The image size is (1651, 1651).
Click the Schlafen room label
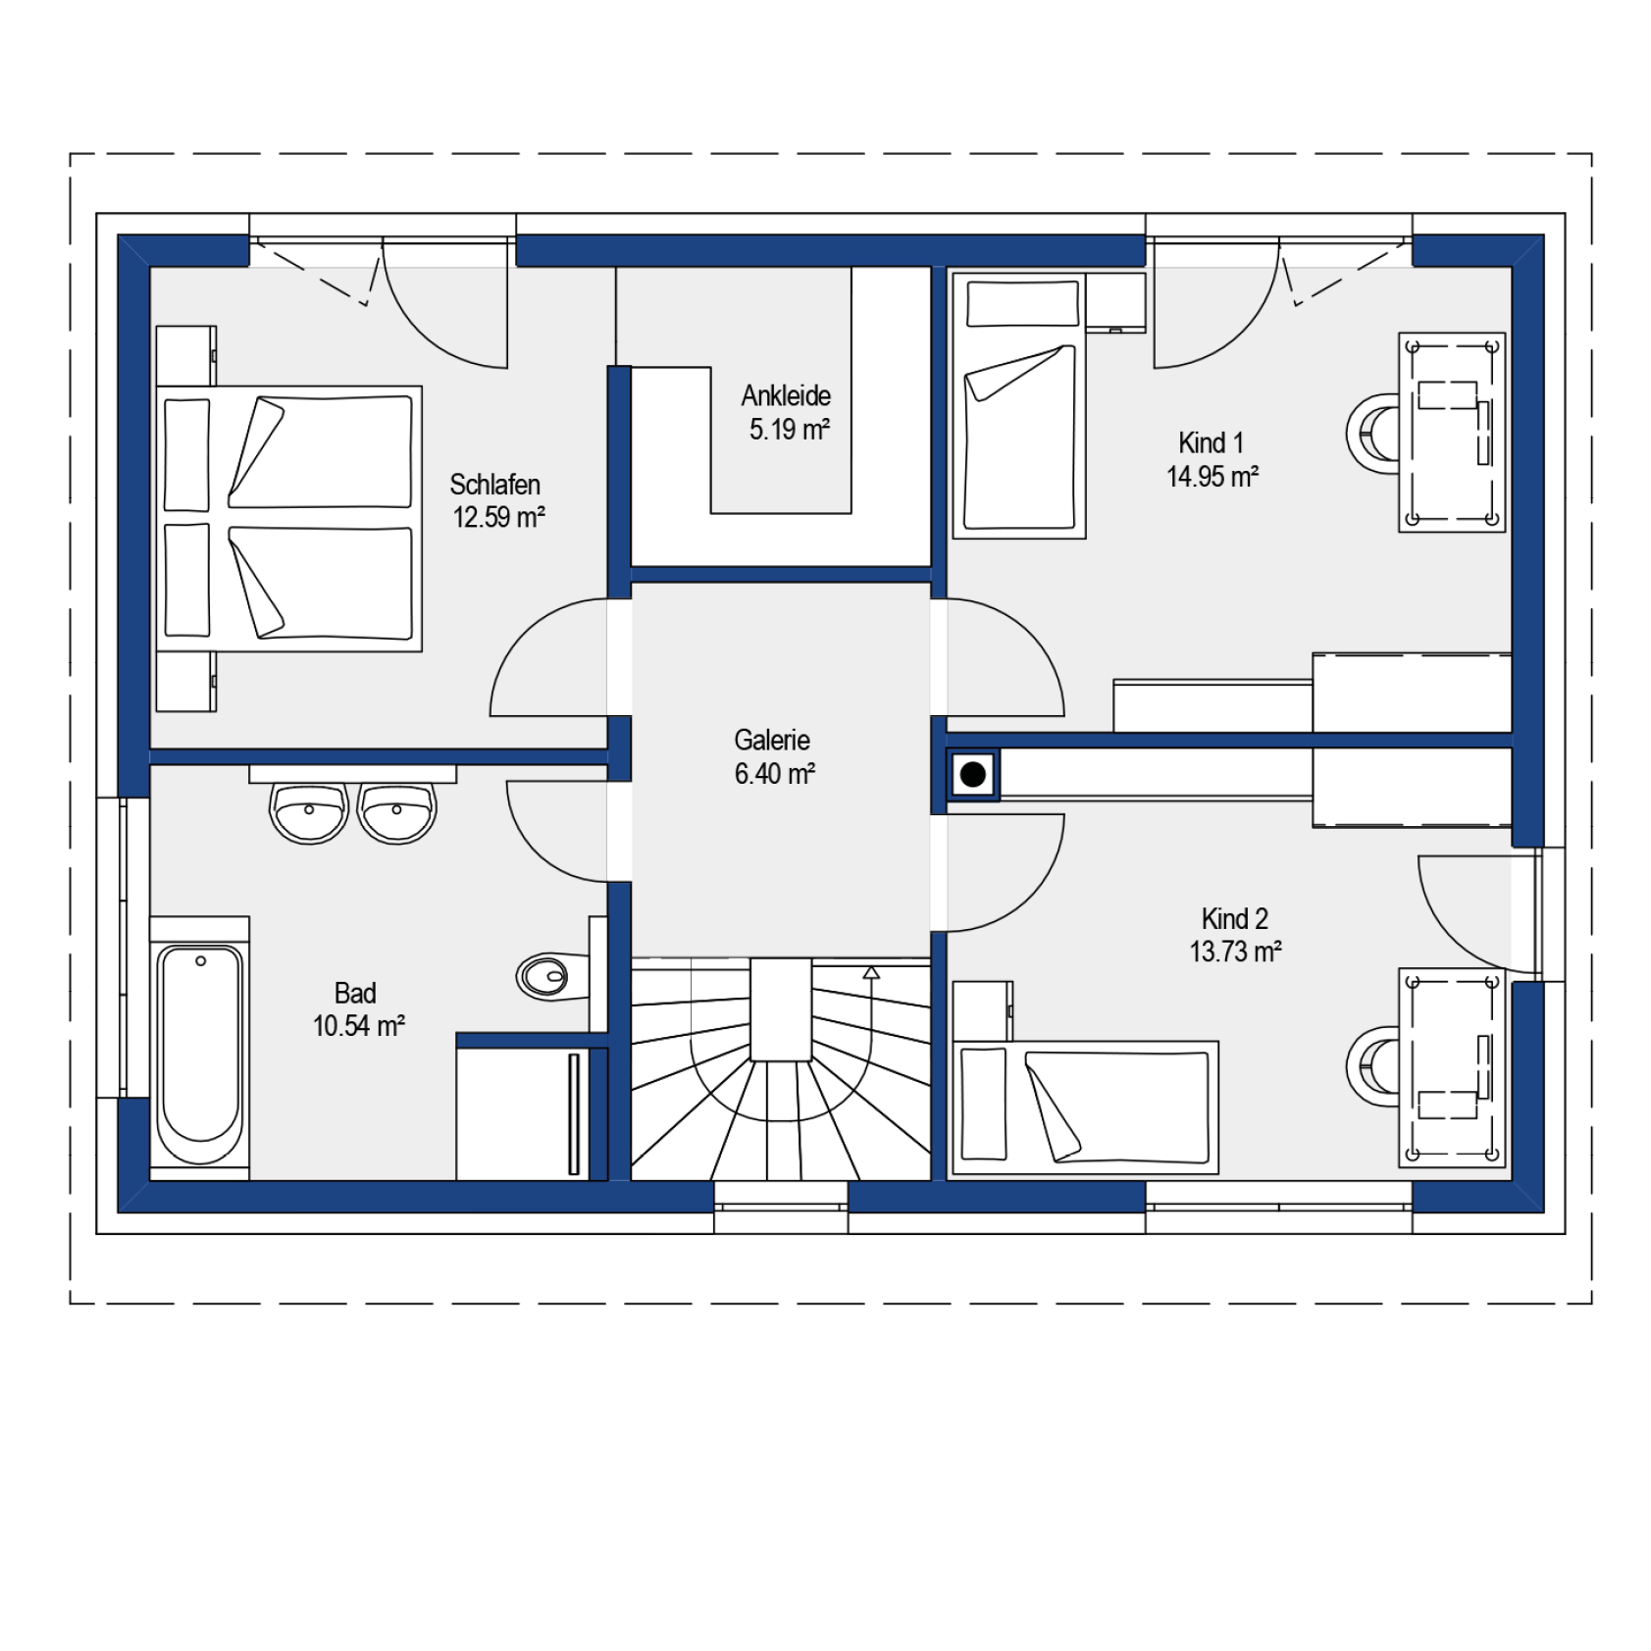click(x=494, y=485)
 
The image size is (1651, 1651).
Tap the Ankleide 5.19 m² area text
click(x=786, y=412)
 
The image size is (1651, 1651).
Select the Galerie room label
click(x=772, y=740)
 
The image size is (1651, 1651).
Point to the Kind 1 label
click(x=1211, y=442)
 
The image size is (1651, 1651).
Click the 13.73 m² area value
click(x=1235, y=952)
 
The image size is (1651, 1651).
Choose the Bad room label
click(x=355, y=993)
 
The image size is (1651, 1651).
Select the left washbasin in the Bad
click(x=309, y=812)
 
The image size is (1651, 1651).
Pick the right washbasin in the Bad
click(x=396, y=812)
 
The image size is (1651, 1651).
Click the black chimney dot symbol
click(x=973, y=775)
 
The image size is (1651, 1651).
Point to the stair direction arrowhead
click(x=871, y=972)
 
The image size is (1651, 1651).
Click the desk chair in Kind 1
click(x=1374, y=434)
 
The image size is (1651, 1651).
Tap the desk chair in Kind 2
click(x=1374, y=1066)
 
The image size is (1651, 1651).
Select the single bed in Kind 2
click(x=1086, y=1108)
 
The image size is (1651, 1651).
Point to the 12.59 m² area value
click(x=498, y=517)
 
